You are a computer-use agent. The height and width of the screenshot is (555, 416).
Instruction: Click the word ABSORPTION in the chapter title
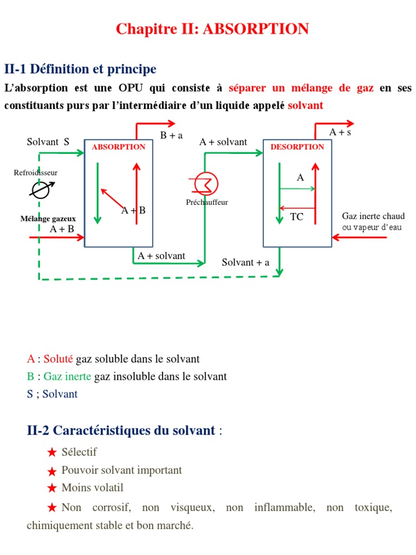coord(256,29)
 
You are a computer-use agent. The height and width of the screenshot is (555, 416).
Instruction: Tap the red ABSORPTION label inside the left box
coord(119,147)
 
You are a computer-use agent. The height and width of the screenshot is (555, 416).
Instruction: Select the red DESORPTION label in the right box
coord(297,147)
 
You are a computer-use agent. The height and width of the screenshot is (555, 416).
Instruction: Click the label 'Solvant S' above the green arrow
coord(48,142)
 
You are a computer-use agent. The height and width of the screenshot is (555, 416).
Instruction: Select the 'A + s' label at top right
coord(340,132)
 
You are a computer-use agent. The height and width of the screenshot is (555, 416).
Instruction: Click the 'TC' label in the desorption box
coord(296,217)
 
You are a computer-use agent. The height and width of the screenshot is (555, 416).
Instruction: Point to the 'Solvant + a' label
coord(245,262)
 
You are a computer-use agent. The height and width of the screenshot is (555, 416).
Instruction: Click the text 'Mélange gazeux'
coord(48,219)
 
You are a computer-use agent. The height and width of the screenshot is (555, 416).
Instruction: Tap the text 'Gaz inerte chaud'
coord(373,216)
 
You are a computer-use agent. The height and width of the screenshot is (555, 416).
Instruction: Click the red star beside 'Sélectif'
coord(52,453)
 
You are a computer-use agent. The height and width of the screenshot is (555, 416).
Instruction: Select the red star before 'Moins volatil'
coord(52,488)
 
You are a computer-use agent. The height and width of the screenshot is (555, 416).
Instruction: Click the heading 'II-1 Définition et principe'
coord(80,69)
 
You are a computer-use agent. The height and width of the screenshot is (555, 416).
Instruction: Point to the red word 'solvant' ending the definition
coord(305,105)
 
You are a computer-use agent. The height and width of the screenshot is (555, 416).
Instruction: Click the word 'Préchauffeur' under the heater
coord(206,202)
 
